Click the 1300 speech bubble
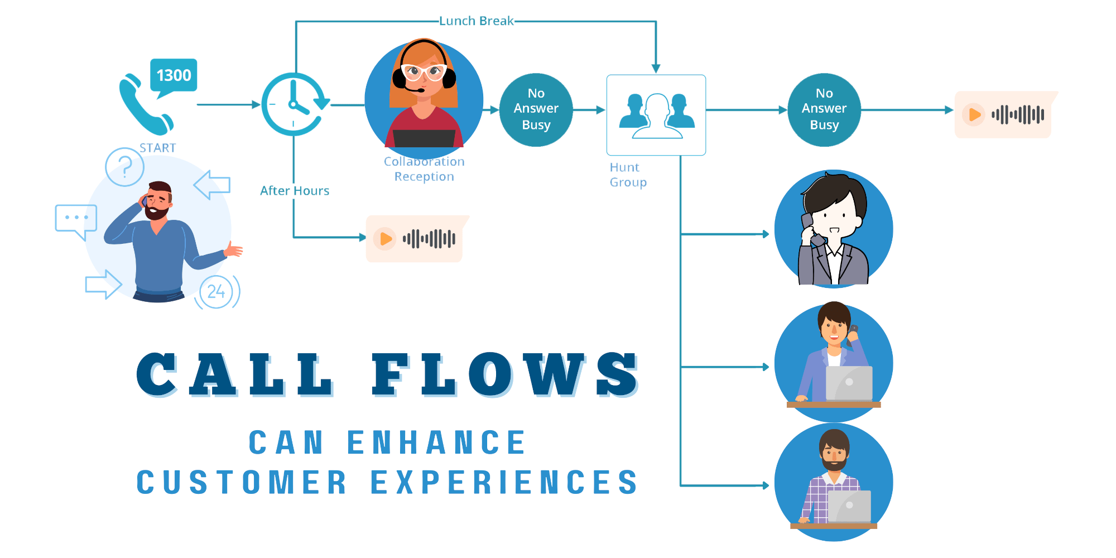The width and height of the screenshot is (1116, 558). coord(174,75)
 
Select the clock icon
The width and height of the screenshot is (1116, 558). coord(294,104)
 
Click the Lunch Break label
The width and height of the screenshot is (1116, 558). coord(476,21)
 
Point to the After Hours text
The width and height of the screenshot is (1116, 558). coord(295,191)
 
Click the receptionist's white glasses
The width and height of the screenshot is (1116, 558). coord(424,72)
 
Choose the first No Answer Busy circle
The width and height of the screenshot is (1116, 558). coord(536,110)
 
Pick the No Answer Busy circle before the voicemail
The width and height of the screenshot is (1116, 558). coord(824,110)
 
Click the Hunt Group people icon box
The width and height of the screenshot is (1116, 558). coord(656,115)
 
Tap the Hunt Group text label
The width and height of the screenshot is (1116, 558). coord(628,175)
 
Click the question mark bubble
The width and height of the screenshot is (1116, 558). coord(125,167)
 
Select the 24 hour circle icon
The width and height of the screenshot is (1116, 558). coord(217,291)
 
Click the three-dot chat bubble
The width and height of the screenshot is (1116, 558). coord(76,219)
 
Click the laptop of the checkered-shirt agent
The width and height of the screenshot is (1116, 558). coord(849,506)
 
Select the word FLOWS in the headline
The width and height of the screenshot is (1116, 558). coord(505,375)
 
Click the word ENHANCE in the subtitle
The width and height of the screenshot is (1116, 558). coord(436,443)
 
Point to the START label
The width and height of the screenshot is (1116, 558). coord(157,148)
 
